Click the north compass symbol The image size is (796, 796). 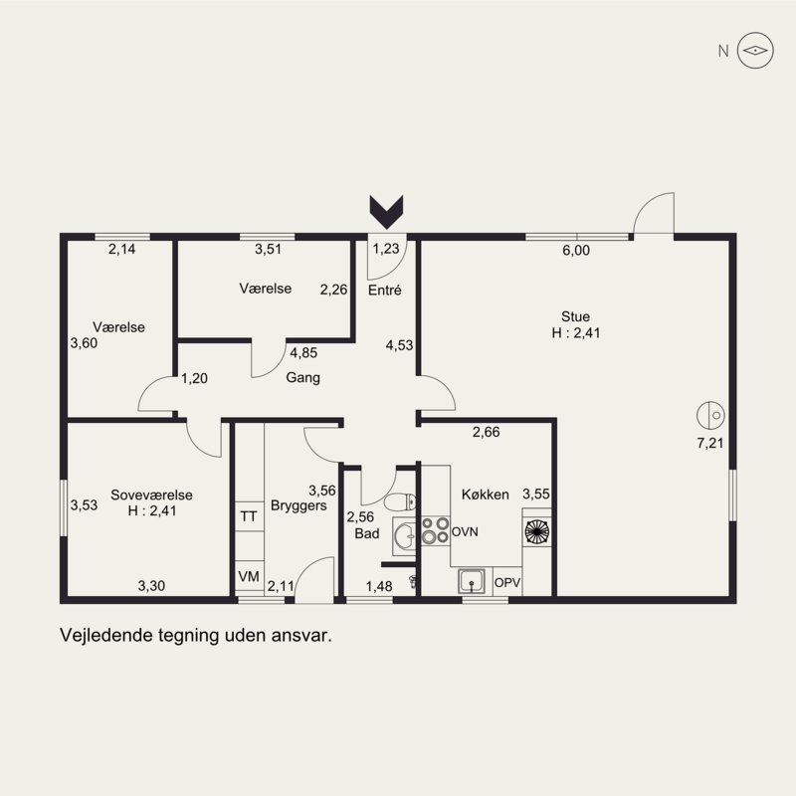[x=755, y=51]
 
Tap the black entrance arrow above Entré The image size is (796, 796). [x=386, y=212]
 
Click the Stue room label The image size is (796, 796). [x=576, y=316]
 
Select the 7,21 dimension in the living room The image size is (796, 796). [x=710, y=443]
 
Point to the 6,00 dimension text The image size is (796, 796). [x=576, y=251]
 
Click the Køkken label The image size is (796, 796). [x=486, y=495]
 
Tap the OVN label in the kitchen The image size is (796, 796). [x=465, y=532]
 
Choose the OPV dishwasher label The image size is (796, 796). [x=507, y=583]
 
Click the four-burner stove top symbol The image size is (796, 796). [x=436, y=530]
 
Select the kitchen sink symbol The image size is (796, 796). [x=472, y=581]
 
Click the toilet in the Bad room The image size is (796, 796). [x=400, y=502]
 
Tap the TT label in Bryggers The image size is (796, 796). [x=248, y=516]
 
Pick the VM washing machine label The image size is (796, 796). [x=249, y=577]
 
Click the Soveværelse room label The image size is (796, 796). [x=152, y=495]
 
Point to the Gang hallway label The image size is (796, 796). [x=303, y=378]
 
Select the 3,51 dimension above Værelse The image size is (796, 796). [x=268, y=250]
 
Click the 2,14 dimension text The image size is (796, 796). [x=121, y=250]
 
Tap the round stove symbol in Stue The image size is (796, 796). [x=710, y=415]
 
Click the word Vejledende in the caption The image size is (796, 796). [x=106, y=635]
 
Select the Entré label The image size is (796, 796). [x=385, y=290]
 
